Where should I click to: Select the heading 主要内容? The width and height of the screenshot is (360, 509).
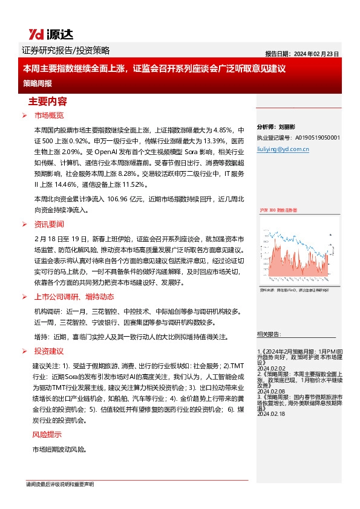tap(47, 100)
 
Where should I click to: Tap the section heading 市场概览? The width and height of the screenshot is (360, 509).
tap(49, 115)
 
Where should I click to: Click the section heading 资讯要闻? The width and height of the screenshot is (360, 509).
tap(49, 224)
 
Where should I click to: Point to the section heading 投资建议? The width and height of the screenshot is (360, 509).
tap(49, 351)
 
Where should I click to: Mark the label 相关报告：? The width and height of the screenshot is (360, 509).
tap(269, 334)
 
